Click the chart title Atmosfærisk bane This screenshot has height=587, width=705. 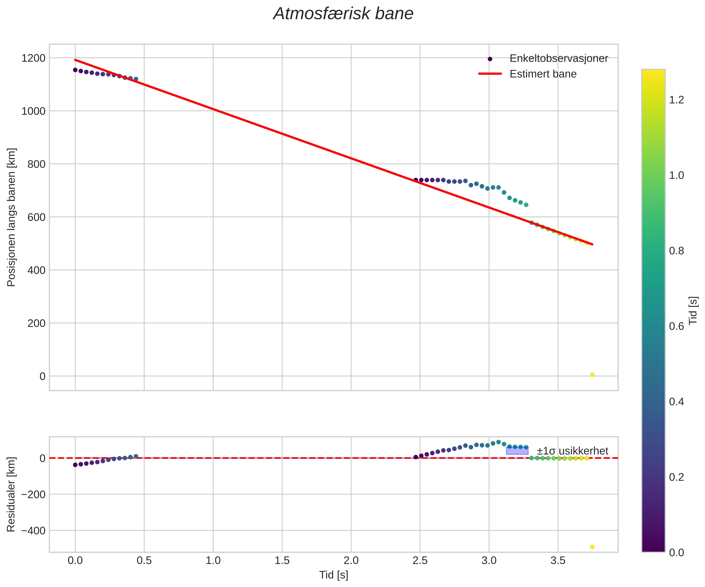click(x=343, y=14)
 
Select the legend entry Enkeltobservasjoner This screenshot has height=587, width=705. click(x=559, y=58)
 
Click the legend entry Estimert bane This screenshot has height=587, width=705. click(x=543, y=74)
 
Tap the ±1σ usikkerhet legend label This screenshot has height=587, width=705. click(x=572, y=451)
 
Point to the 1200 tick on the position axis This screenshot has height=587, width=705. click(x=33, y=58)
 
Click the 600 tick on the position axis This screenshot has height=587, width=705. click(x=36, y=217)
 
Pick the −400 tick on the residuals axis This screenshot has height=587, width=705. click(x=33, y=531)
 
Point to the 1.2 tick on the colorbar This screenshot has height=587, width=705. click(x=676, y=100)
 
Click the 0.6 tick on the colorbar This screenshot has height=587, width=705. click(x=676, y=326)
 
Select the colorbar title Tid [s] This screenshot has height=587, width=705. click(x=693, y=310)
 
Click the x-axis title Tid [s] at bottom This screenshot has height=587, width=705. click(x=333, y=575)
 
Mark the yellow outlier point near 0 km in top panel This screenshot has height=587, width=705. click(x=592, y=375)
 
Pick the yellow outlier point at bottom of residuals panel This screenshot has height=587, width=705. click(x=592, y=547)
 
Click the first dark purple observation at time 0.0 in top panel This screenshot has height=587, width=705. click(x=75, y=70)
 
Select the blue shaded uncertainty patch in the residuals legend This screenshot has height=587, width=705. click(x=517, y=450)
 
